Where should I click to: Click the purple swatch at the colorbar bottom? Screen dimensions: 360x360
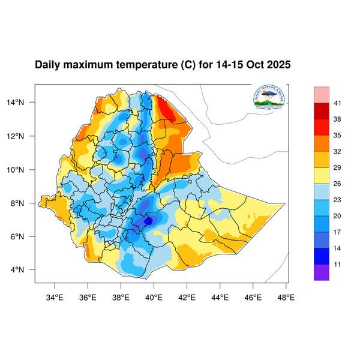[322, 272]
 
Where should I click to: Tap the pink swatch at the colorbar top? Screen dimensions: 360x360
[322, 94]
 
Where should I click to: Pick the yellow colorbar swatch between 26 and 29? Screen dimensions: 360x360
[322, 176]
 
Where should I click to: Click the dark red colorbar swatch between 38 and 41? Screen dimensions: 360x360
[322, 112]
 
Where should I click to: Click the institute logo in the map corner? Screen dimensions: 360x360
[269, 98]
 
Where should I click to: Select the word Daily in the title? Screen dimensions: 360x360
[48, 65]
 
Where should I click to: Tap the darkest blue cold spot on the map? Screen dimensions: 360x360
[148, 221]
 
